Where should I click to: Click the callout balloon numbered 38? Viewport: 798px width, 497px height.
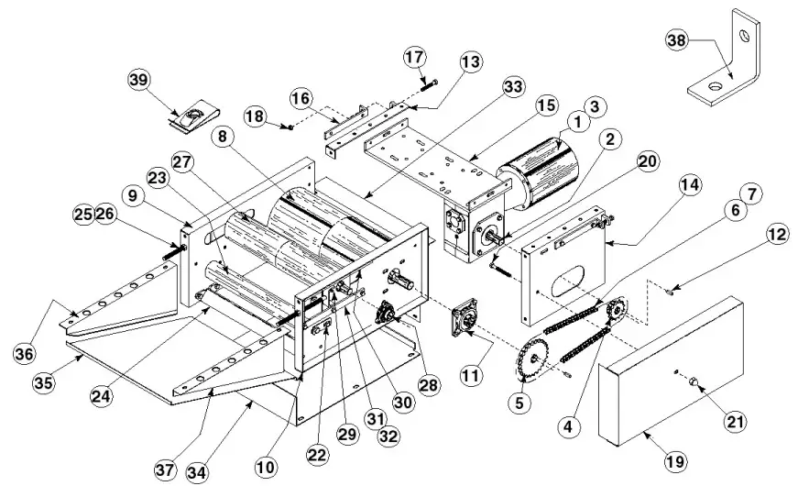(x=675, y=41)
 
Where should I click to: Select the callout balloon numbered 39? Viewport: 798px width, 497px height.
(x=139, y=80)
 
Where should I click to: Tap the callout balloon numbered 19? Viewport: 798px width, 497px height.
(x=674, y=462)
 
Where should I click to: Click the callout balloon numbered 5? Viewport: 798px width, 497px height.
(x=521, y=400)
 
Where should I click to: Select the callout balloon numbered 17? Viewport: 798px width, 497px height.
(x=413, y=58)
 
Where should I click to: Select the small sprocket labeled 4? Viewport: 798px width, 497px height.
(x=615, y=312)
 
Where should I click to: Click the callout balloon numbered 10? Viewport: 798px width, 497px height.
(x=266, y=466)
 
